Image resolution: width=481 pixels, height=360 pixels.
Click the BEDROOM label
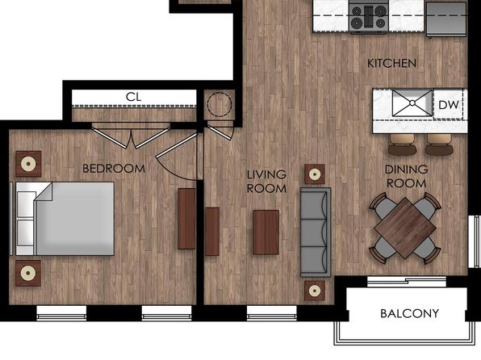pos(114,169)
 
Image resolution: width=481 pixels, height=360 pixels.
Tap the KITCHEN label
pos(391,63)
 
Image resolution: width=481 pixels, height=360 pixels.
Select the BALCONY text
pos(409,313)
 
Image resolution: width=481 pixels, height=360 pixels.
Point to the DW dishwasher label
pos(449,105)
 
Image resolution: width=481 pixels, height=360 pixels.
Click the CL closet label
pos(134,97)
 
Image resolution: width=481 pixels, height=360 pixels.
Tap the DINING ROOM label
pos(406,176)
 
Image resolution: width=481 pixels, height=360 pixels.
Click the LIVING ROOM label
pos(266,182)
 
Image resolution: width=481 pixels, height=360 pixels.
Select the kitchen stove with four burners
pos(369,17)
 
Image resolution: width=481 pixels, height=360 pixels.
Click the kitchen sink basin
pos(412,103)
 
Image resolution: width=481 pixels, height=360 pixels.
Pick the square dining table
pos(405,228)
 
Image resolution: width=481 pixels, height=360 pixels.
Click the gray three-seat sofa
pos(316,232)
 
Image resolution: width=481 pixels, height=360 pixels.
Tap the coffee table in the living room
pos(266,232)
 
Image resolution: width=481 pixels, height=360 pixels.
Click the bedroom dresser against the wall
pos(186,219)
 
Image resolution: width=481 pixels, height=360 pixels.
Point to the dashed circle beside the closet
pos(220,104)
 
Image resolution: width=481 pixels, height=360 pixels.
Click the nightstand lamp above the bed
pos(28,164)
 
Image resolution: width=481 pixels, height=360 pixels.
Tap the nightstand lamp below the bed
pos(28,273)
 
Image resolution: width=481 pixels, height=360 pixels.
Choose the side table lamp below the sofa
pos(315,291)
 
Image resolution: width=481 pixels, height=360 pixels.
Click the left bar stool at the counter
pos(402,144)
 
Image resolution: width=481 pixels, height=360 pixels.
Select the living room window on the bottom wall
pos(272,312)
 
